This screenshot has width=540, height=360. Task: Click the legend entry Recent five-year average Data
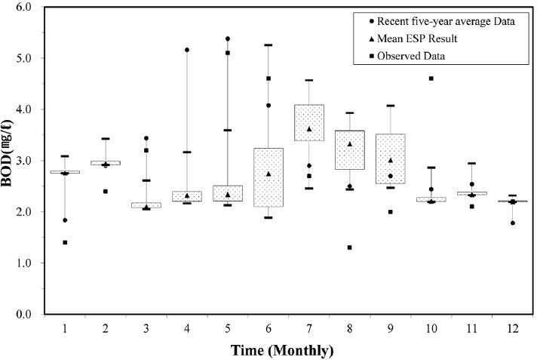pyautogui.click(x=442, y=21)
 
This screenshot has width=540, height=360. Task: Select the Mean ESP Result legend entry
pyautogui.click(x=413, y=38)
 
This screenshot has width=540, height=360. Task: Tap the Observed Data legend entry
pyautogui.click(x=407, y=56)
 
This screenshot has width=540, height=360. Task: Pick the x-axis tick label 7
pyautogui.click(x=309, y=328)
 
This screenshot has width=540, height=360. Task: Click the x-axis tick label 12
pyautogui.click(x=513, y=328)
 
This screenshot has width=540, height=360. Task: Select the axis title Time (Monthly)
pyautogui.click(x=282, y=350)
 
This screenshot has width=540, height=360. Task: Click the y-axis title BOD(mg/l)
pyautogui.click(x=7, y=153)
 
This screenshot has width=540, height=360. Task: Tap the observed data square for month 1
pyautogui.click(x=65, y=242)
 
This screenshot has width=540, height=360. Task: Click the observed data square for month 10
pyautogui.click(x=431, y=78)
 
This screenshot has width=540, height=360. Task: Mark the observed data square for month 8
pyautogui.click(x=349, y=248)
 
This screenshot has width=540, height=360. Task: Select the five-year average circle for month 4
pyautogui.click(x=187, y=50)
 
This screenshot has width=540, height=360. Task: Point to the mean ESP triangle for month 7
pyautogui.click(x=309, y=129)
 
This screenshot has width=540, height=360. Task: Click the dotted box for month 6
pyautogui.click(x=268, y=177)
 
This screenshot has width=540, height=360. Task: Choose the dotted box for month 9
pyautogui.click(x=391, y=158)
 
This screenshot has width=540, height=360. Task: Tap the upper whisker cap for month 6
pyautogui.click(x=268, y=45)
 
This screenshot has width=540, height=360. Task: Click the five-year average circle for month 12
pyautogui.click(x=513, y=223)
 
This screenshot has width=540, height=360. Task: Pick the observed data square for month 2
pyautogui.click(x=106, y=191)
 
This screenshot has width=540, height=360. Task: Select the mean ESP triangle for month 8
pyautogui.click(x=349, y=144)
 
